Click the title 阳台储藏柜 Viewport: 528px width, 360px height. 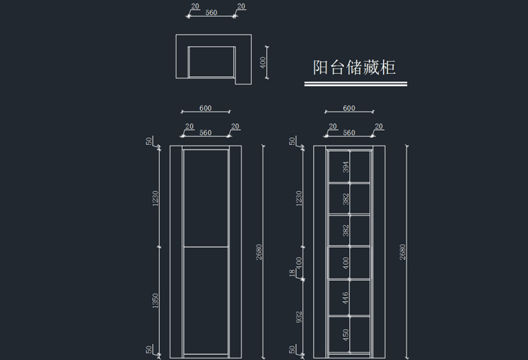355,67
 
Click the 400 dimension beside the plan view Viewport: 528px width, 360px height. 263,63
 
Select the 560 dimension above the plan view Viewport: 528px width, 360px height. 211,13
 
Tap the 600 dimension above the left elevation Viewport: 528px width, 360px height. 205,108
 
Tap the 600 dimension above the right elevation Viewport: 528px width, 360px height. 348,108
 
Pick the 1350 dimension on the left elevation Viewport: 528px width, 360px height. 155,300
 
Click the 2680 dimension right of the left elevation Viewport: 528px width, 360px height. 259,252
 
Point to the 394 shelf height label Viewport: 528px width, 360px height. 345,168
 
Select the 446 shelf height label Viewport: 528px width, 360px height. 345,298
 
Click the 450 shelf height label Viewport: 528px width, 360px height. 345,335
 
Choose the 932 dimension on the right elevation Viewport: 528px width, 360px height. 299,317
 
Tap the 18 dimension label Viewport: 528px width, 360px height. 293,273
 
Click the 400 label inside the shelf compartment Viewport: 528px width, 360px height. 345,263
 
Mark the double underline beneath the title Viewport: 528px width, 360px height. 355,84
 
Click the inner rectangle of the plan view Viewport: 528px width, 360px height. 212,62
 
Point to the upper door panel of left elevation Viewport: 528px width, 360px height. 206,198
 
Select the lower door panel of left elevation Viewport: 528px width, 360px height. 206,300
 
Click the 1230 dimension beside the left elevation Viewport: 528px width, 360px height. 155,198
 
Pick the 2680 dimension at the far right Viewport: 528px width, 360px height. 403,252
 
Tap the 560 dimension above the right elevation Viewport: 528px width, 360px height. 348,133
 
